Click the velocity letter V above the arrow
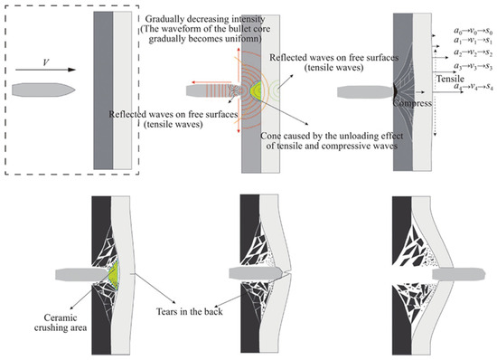[46, 62]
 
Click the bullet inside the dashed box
[43, 90]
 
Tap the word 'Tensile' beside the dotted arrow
[450, 79]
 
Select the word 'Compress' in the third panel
[412, 103]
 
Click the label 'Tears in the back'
[190, 311]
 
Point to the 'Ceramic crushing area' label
[61, 323]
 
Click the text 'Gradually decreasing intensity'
[205, 19]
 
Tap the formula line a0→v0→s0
[473, 31]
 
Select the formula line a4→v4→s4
[473, 87]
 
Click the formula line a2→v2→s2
[473, 52]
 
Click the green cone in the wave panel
[256, 91]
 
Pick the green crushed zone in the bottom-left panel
[114, 275]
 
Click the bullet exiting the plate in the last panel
[459, 274]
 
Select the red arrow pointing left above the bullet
[211, 82]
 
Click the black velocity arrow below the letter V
[46, 70]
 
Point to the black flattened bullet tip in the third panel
[395, 90]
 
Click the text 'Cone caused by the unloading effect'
[332, 136]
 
